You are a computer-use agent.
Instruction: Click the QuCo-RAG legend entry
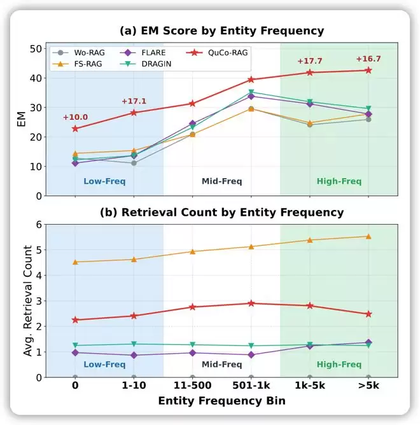[218, 52]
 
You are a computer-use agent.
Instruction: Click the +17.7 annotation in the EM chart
[310, 61]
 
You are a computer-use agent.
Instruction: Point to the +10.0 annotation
[75, 117]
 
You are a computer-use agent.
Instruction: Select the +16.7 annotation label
[368, 59]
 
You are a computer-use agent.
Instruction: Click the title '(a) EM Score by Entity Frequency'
[221, 31]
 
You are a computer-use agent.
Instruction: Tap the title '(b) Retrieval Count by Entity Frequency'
[221, 212]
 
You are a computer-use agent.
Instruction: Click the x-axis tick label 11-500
[192, 386]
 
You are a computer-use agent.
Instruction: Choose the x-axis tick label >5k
[368, 386]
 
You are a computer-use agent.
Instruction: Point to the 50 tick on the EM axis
[36, 49]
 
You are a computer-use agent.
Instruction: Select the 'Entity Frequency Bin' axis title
[221, 401]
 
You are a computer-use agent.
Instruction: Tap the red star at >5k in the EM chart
[368, 70]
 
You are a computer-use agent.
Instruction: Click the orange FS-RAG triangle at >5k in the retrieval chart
[368, 237]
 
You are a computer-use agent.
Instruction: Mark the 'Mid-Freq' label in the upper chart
[221, 181]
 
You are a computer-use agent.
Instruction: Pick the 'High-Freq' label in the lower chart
[339, 365]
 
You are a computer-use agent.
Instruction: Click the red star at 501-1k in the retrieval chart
[251, 303]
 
